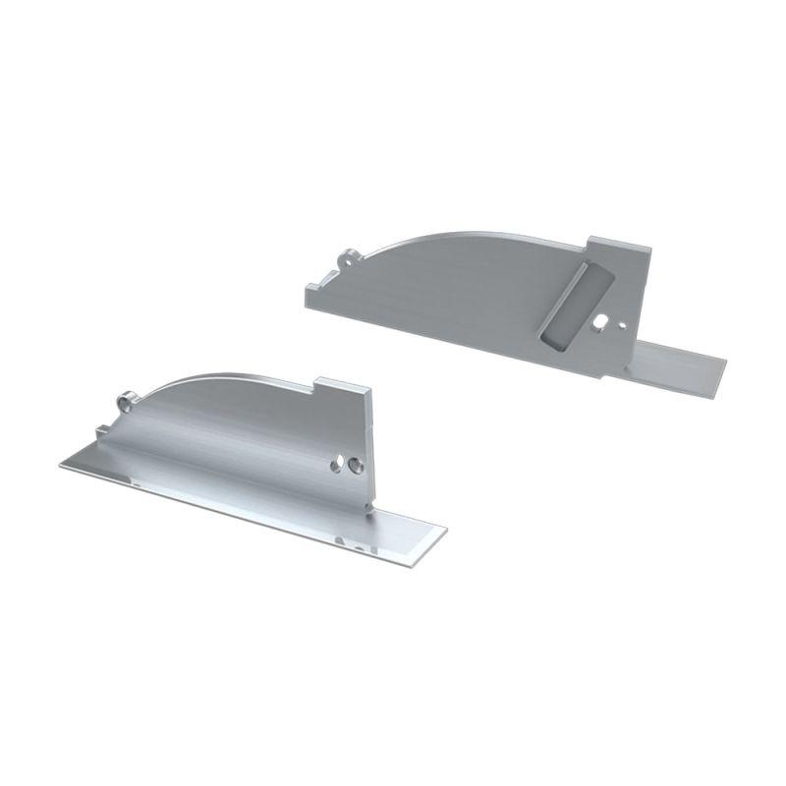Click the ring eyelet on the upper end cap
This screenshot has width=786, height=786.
pyautogui.click(x=345, y=259)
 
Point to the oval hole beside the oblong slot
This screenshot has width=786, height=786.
pyautogui.click(x=601, y=320)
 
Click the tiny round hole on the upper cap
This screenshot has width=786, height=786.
pyautogui.click(x=618, y=318)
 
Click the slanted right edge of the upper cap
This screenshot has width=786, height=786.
pyautogui.click(x=640, y=295)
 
